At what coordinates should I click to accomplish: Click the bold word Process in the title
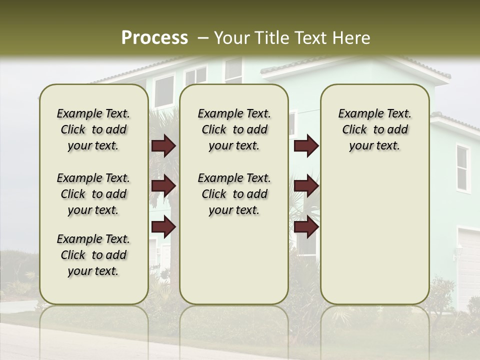pos(154,38)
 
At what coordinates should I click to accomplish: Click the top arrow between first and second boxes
pos(163,146)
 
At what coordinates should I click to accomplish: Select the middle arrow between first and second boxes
pos(163,186)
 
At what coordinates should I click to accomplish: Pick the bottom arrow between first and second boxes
pos(163,226)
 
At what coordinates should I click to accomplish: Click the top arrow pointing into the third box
pos(306,146)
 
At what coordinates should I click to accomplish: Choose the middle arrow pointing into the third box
pos(306,186)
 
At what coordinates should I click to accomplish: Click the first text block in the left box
pos(93,129)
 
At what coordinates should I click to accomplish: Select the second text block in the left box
pos(93,194)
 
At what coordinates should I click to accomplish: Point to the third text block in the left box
pos(93,255)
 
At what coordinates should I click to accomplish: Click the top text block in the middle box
pos(234,129)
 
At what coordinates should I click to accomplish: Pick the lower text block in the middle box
pos(234,194)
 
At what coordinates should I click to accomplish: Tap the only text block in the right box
pos(374,129)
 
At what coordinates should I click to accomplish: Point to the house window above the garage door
pos(462,168)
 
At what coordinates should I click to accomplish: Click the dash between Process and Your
pos(203,38)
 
